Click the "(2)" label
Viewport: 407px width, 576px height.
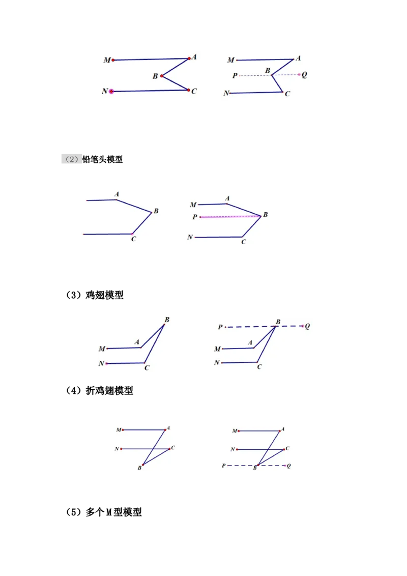[x=72, y=159]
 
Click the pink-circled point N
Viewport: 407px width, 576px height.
[x=111, y=92]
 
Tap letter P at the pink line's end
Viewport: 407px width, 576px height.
[x=195, y=217]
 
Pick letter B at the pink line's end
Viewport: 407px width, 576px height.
[x=265, y=215]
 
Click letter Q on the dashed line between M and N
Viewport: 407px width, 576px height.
[x=304, y=75]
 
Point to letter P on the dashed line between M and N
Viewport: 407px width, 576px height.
[x=235, y=75]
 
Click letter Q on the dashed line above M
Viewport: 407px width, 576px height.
[x=307, y=326]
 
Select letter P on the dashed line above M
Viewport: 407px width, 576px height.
[x=220, y=327]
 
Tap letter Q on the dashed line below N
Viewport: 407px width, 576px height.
[x=288, y=466]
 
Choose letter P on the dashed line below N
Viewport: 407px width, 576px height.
[x=223, y=466]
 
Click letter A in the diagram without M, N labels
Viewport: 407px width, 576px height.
[x=117, y=194]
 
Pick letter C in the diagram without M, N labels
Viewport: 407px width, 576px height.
[x=133, y=239]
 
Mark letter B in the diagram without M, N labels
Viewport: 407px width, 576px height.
[x=156, y=211]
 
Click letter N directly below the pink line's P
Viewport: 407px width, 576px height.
[x=190, y=237]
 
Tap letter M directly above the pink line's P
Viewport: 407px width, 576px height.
[x=193, y=205]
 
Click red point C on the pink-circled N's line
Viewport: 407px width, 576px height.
[x=188, y=90]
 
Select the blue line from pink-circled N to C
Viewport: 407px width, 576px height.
[x=150, y=91]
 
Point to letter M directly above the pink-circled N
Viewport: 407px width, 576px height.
[x=107, y=60]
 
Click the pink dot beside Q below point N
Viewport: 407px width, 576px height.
[x=284, y=466]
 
